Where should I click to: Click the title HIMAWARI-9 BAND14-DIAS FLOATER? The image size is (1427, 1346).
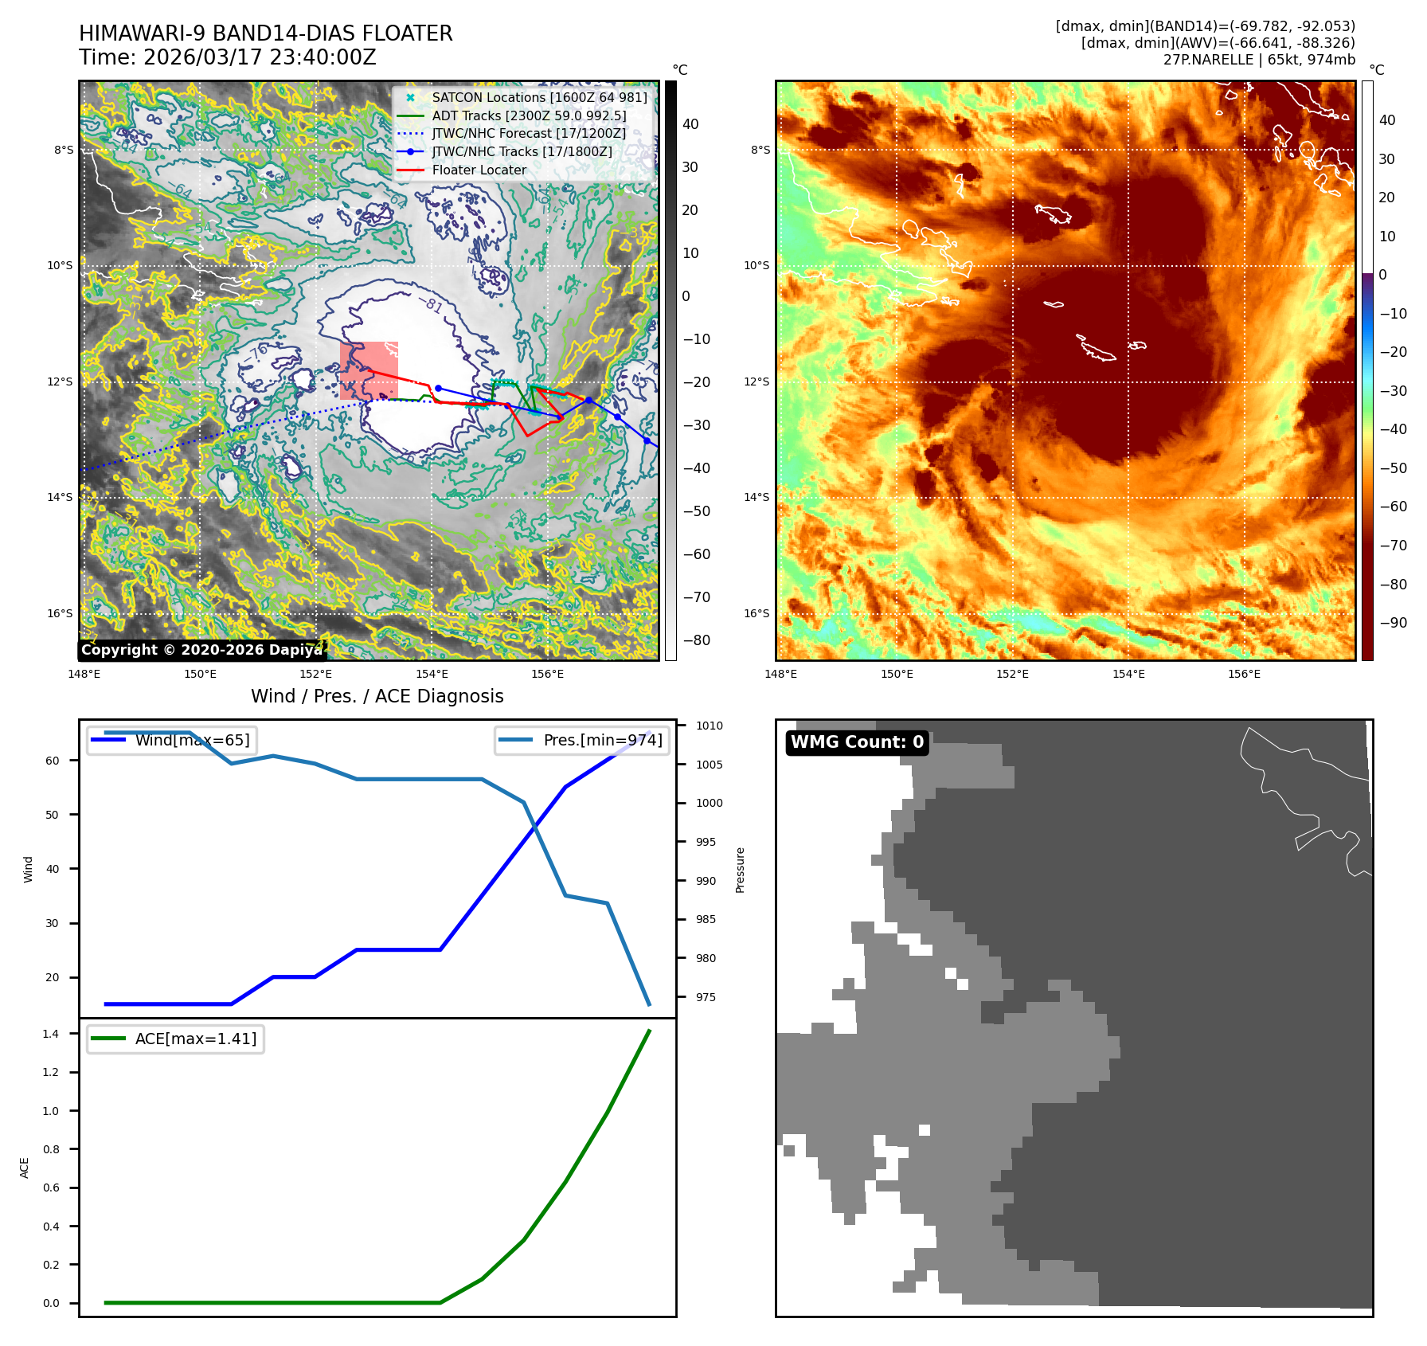265,33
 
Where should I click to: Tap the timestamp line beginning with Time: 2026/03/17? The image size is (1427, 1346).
227,57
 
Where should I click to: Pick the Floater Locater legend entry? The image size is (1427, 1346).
479,170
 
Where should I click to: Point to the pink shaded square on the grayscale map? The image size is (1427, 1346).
369,370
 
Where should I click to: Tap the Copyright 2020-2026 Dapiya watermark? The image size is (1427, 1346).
201,650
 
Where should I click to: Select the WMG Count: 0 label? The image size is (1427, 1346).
857,742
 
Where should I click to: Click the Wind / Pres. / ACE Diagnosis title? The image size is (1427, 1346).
377,696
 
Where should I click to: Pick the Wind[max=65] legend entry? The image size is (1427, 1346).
192,740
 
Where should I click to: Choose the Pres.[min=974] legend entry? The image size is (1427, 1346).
602,740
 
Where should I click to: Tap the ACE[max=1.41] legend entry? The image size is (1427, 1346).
195,1039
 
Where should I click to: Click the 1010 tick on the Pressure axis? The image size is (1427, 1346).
709,726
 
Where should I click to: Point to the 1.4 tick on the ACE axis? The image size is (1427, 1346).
51,1034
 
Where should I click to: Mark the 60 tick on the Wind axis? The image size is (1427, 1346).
53,761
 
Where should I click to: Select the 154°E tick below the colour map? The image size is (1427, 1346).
1128,674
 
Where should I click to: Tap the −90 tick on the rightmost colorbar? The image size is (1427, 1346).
1393,623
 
